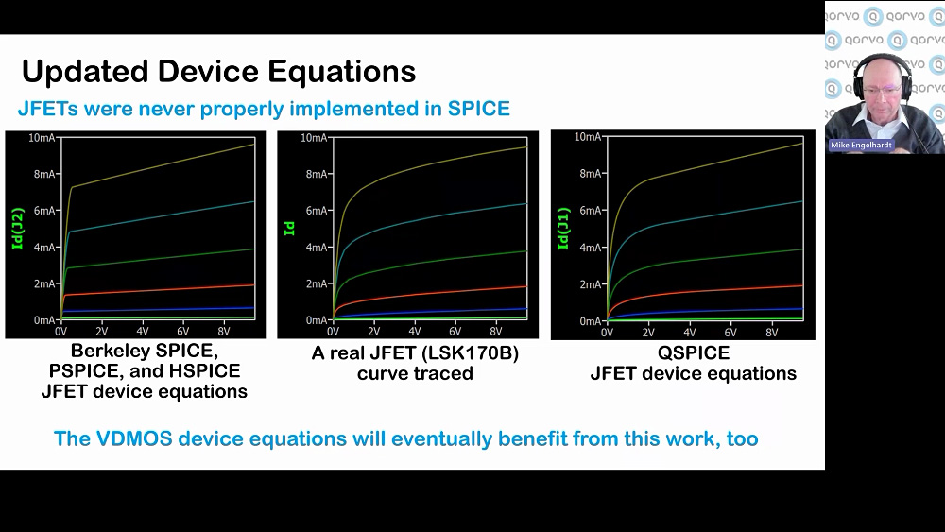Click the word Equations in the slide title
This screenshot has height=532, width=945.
342,73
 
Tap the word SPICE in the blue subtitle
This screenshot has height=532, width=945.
478,109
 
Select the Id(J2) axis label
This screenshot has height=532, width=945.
17,229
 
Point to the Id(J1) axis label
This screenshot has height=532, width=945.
563,229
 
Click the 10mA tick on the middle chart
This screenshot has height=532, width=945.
314,138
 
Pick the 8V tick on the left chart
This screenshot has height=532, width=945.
224,332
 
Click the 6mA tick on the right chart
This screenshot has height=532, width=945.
590,211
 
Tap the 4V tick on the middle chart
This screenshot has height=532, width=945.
415,332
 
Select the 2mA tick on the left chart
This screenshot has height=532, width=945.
44,283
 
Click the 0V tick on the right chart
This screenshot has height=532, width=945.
607,333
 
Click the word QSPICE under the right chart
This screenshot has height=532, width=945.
693,353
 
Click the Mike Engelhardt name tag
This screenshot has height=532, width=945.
861,146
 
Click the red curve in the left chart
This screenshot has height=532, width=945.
158,290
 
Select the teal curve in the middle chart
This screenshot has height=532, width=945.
430,220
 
